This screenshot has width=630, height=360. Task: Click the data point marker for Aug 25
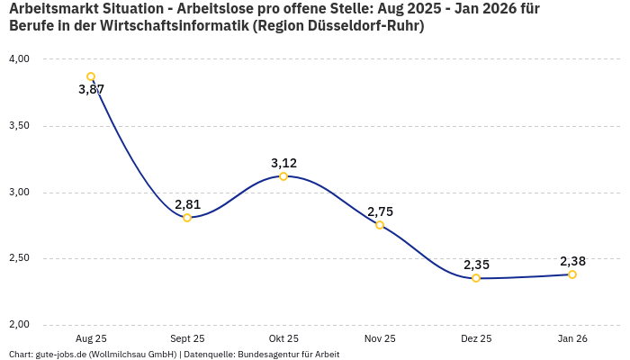coord(91,76)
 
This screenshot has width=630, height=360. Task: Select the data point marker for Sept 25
coord(187,218)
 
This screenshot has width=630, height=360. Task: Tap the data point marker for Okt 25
coord(283,176)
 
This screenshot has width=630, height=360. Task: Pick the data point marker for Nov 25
coord(380,225)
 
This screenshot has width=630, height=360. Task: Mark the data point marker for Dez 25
coord(476,278)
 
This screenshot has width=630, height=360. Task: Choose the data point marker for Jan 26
coord(572,274)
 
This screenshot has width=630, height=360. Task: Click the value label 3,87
coord(91,90)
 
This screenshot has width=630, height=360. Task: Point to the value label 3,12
coord(283,163)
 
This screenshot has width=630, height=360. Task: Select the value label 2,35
coord(476,265)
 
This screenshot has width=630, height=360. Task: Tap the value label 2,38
coord(572,261)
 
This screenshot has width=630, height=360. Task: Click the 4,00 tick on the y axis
coord(19,59)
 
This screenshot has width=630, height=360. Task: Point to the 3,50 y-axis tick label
coord(19,126)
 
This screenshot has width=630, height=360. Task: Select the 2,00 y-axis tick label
coord(19,325)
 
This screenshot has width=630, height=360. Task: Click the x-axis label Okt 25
coord(283,339)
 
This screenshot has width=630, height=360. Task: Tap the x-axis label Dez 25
coord(476,339)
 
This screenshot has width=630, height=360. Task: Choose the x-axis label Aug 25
coord(91,339)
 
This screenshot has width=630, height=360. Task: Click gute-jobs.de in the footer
coord(62,355)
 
